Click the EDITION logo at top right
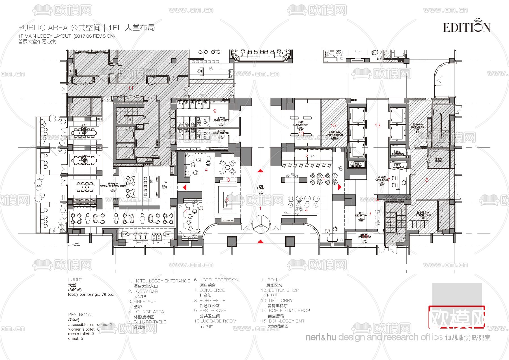(x=466, y=27)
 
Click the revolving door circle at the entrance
(x=260, y=224)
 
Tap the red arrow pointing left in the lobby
(x=185, y=187)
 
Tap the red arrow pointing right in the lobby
(x=340, y=187)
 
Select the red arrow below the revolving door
(x=260, y=241)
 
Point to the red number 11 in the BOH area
(x=131, y=88)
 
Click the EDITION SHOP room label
(x=301, y=124)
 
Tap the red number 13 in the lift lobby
(x=378, y=125)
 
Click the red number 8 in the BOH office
(x=427, y=180)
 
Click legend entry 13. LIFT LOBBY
(x=277, y=300)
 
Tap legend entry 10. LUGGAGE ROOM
(x=215, y=321)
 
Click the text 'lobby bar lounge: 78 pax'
(x=91, y=294)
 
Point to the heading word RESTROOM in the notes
(x=80, y=314)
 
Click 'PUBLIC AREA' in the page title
(x=43, y=28)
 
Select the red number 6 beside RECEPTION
(x=370, y=214)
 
